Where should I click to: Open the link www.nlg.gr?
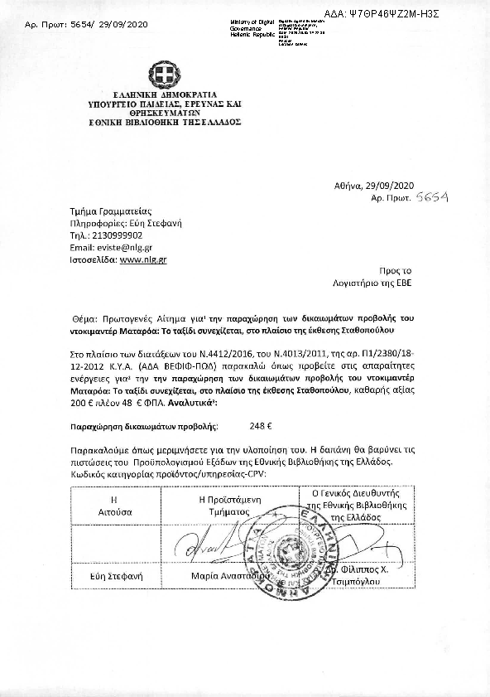[x=143, y=259]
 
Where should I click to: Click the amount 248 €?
[x=261, y=426]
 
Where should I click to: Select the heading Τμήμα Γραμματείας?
[x=110, y=211]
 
